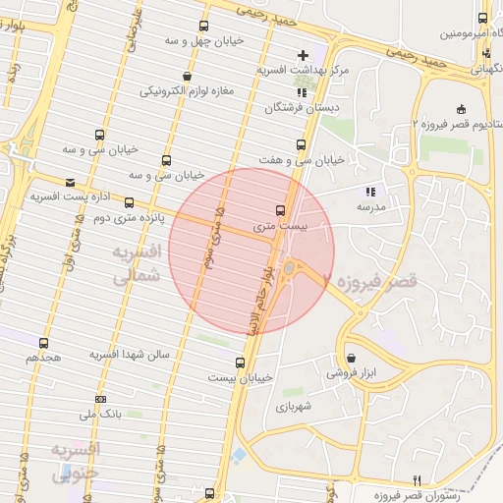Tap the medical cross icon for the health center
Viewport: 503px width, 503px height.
tap(303, 54)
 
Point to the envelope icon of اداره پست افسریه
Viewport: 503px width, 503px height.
tap(69, 182)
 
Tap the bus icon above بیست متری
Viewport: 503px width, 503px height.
tap(281, 210)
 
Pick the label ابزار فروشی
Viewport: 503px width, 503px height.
tap(351, 373)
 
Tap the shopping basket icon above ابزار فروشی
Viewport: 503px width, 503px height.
tap(351, 358)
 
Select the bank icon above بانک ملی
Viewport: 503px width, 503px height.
tap(100, 399)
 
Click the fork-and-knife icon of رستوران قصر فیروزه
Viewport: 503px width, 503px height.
tap(417, 479)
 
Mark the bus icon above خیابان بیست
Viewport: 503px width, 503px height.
tap(240, 363)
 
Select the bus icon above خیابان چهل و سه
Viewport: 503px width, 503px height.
tap(203, 27)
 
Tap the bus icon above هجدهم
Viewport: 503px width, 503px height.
tap(43, 343)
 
